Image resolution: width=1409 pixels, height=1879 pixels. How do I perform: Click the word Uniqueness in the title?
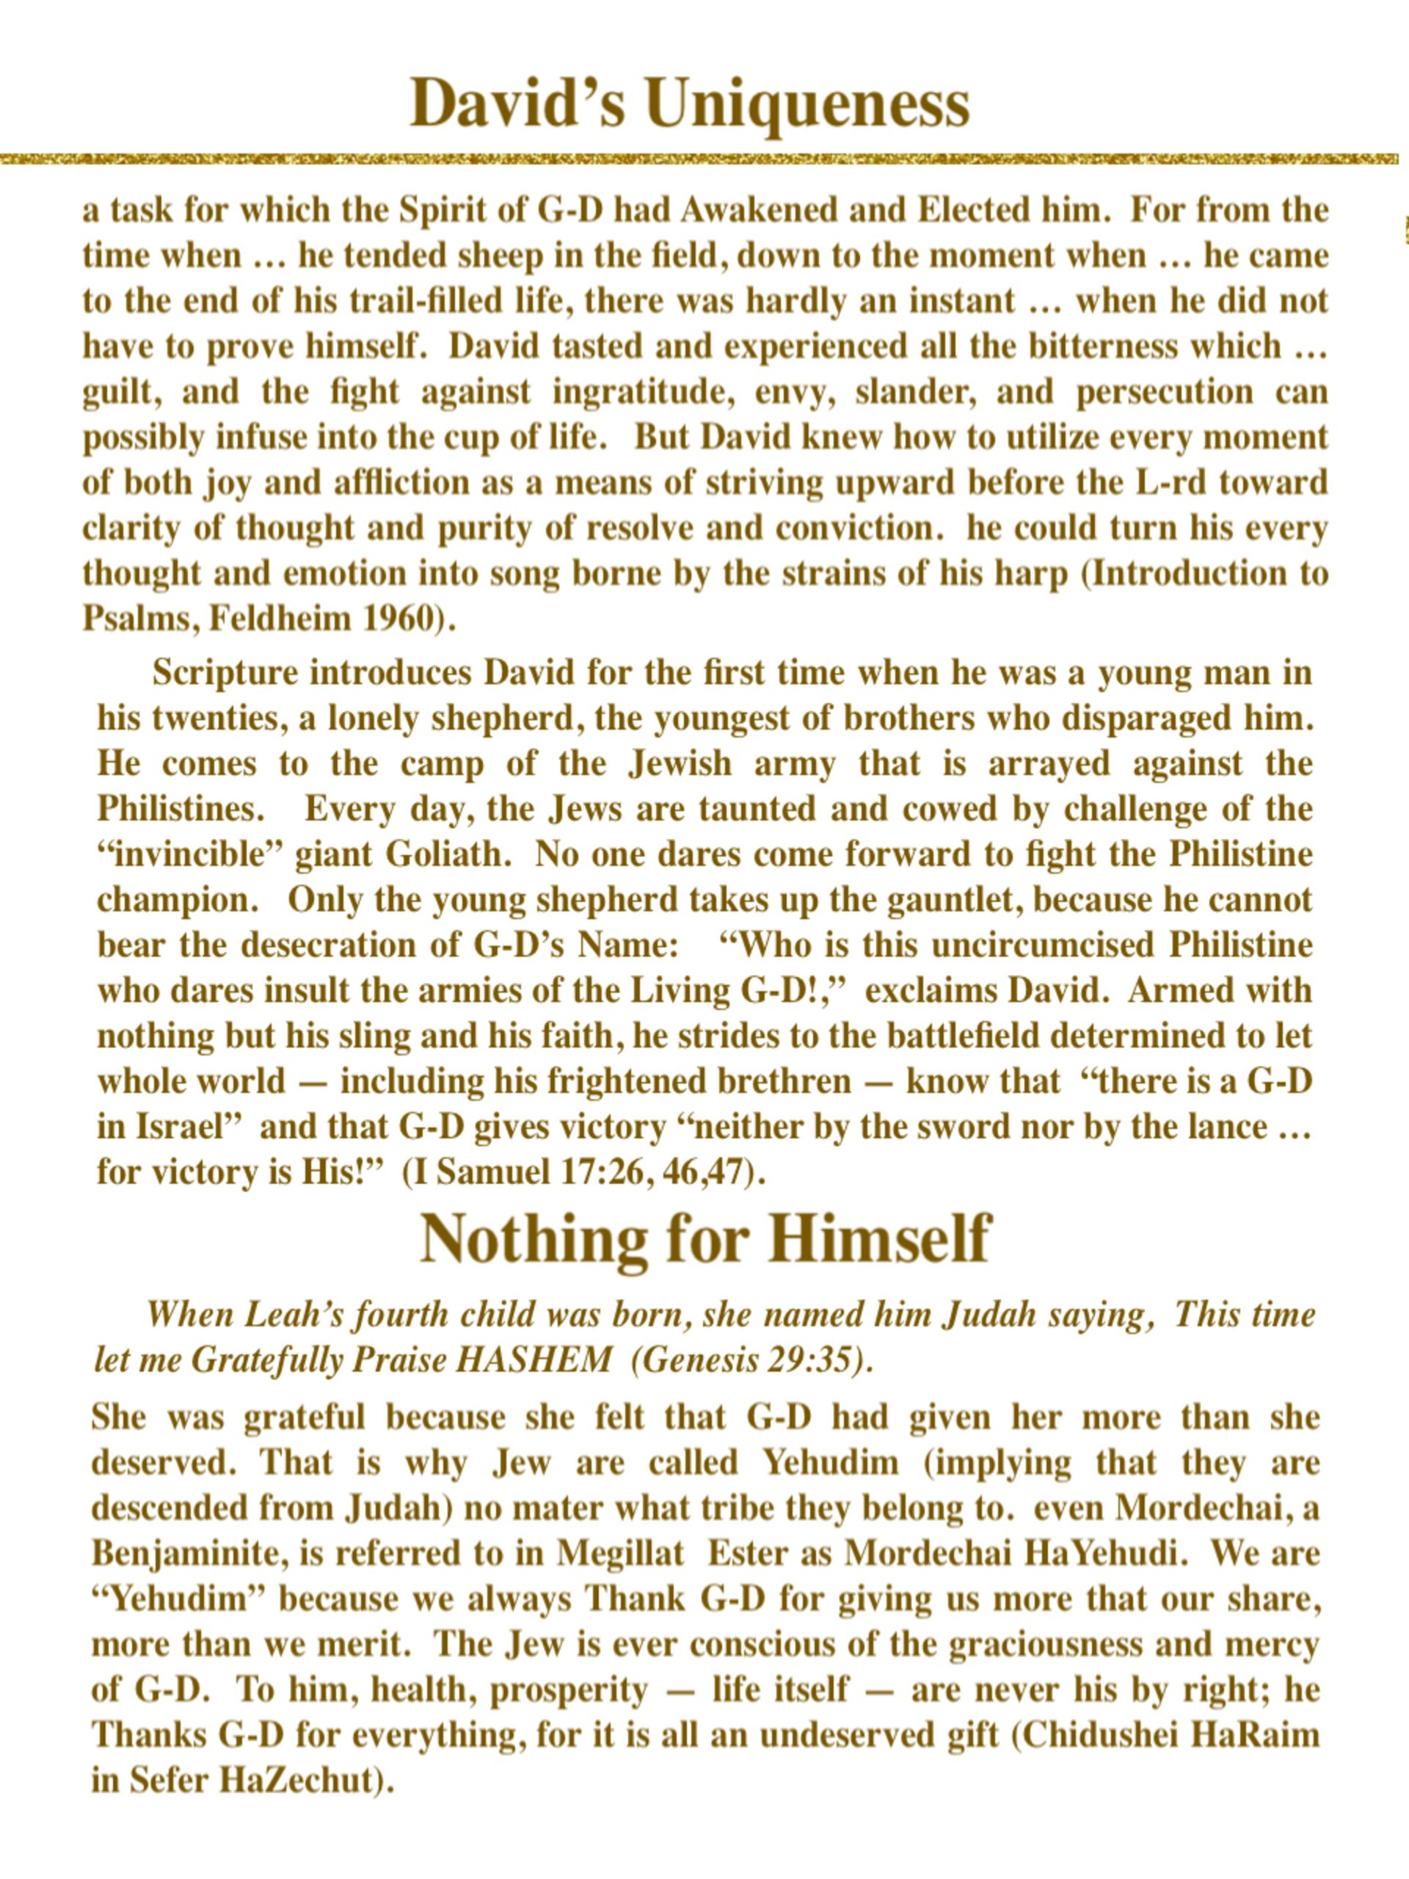pos(806,103)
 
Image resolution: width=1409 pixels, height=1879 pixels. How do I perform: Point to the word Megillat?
pos(620,1554)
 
